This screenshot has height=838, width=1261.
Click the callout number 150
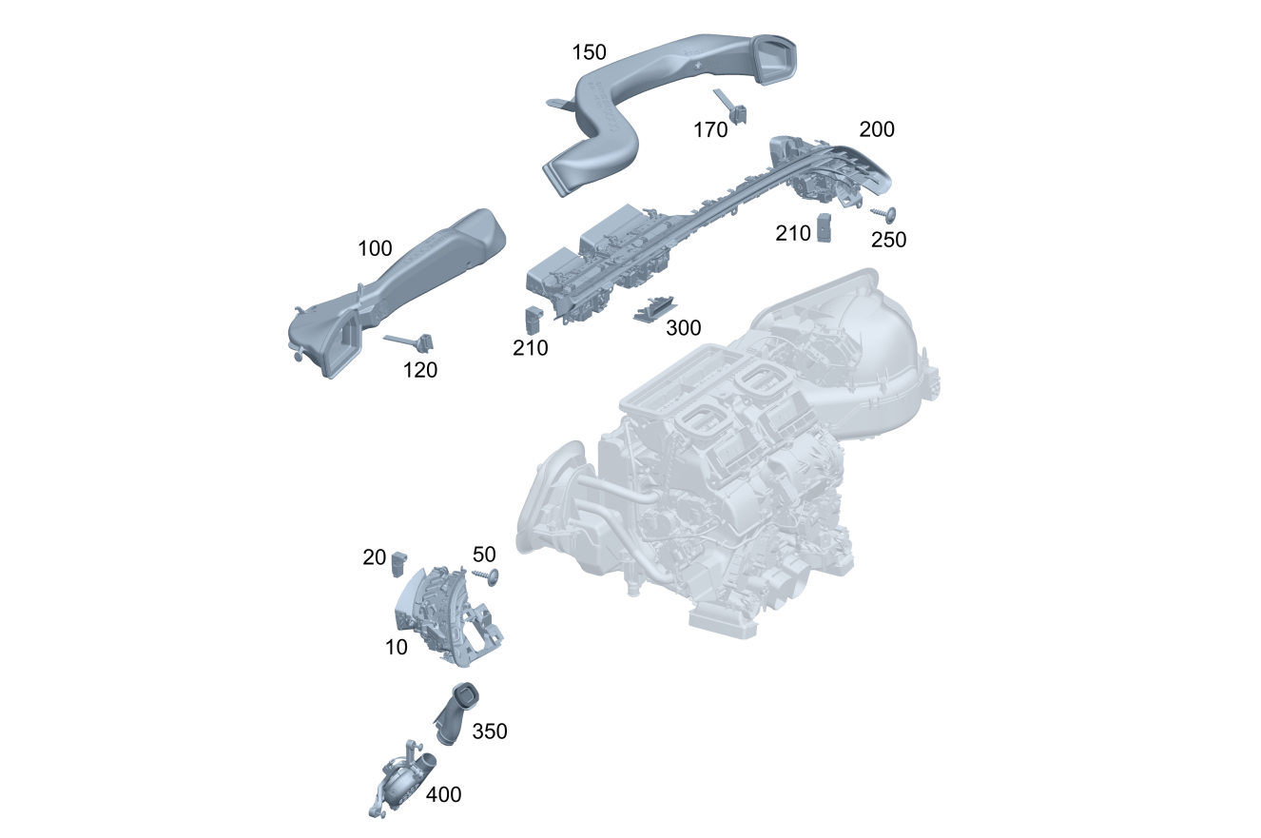click(x=589, y=52)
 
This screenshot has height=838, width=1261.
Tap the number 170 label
click(x=710, y=130)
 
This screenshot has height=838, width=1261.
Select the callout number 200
click(x=877, y=129)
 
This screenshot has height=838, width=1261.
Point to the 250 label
click(x=888, y=240)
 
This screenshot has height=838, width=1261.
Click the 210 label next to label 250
click(x=792, y=233)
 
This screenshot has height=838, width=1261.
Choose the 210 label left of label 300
click(x=530, y=348)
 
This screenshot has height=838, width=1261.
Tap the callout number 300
click(x=684, y=328)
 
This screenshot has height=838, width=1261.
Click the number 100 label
click(x=375, y=248)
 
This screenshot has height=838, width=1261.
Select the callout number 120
click(x=420, y=370)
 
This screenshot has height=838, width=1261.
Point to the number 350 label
click(x=490, y=731)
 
